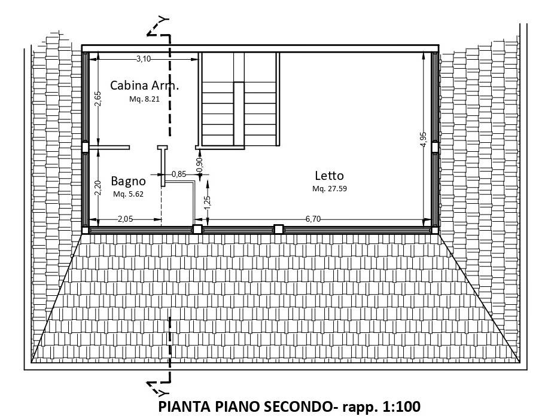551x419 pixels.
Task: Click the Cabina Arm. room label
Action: click(144, 85)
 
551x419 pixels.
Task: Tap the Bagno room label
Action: click(128, 182)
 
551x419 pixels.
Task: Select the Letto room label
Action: click(329, 176)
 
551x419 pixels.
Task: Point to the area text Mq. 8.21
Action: click(144, 99)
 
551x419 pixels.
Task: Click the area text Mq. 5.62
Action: click(128, 194)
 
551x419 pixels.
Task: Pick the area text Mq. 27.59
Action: click(330, 189)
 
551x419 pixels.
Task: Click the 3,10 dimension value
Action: click(144, 59)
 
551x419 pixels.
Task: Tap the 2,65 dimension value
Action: click(98, 99)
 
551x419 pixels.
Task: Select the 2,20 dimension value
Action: click(98, 188)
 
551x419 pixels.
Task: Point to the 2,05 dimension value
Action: click(125, 219)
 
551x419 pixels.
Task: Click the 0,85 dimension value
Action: click(179, 174)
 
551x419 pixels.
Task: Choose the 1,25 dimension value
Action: click(208, 203)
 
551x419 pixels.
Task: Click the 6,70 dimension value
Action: click(313, 219)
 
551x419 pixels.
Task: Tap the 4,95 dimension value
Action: click(424, 139)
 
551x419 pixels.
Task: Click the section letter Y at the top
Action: click(163, 20)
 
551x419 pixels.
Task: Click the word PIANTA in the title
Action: click(184, 406)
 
